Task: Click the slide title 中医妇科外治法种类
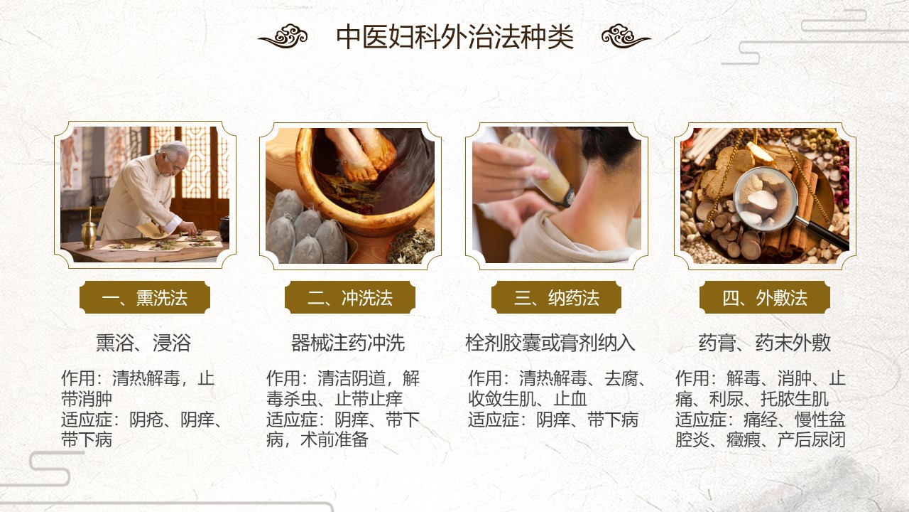[x=454, y=36]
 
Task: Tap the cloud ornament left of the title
[x=283, y=36]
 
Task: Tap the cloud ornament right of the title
[x=626, y=36]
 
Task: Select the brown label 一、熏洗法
[x=145, y=297]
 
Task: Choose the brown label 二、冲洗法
[x=350, y=297]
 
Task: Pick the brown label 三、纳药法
[x=556, y=297]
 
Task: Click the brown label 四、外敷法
[x=765, y=297]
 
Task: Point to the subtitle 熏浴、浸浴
[x=143, y=343]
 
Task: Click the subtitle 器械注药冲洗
[x=348, y=343]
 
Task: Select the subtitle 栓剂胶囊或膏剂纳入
[x=550, y=343]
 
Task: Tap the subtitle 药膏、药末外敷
[x=765, y=343]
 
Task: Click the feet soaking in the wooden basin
[x=361, y=154]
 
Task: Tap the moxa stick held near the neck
[x=538, y=167]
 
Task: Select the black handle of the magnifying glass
[x=824, y=235]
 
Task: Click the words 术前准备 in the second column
[x=334, y=440]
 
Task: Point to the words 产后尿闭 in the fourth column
[x=811, y=440]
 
